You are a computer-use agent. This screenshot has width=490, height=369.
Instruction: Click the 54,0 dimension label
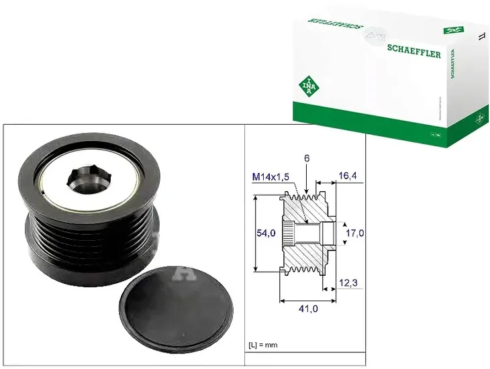267,233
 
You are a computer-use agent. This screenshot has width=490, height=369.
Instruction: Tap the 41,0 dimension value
309,309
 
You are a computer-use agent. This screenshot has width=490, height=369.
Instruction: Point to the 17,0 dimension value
354,233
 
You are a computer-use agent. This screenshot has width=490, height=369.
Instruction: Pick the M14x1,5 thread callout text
271,176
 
